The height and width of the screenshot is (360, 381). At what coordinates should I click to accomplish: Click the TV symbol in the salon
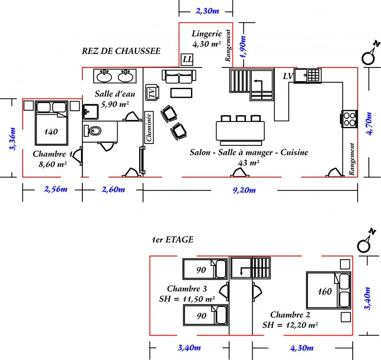[x=152, y=93]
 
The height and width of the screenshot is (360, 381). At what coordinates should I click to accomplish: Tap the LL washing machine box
[x=187, y=59]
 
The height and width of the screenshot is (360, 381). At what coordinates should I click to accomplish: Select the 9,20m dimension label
[x=244, y=190]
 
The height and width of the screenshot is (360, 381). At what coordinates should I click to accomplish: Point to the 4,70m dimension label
[x=369, y=123]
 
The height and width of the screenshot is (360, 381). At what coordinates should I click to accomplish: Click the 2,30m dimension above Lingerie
[x=207, y=11]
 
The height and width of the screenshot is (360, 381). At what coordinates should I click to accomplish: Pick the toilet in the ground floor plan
[x=92, y=131]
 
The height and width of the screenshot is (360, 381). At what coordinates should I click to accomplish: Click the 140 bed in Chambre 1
[x=51, y=123]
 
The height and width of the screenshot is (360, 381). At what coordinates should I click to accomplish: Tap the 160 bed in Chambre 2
[x=328, y=290]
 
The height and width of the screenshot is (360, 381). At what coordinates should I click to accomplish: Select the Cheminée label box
[x=149, y=127]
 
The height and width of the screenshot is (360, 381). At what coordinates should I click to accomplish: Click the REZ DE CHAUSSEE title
[x=121, y=51]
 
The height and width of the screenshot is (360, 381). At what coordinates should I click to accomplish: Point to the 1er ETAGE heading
[x=172, y=239]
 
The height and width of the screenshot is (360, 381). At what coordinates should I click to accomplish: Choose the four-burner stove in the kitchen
[x=349, y=119]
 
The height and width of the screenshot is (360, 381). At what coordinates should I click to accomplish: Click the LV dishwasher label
[x=288, y=76]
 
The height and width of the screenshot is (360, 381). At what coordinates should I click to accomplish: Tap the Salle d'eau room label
[x=115, y=94]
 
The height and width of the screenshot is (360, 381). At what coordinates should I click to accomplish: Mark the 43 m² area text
[x=249, y=162]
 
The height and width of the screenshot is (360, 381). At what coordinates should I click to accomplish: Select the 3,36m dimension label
[x=13, y=139]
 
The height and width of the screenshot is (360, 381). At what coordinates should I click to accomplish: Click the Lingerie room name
[x=207, y=33]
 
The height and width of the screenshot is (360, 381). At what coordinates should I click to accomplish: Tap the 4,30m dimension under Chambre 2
[x=302, y=348]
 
